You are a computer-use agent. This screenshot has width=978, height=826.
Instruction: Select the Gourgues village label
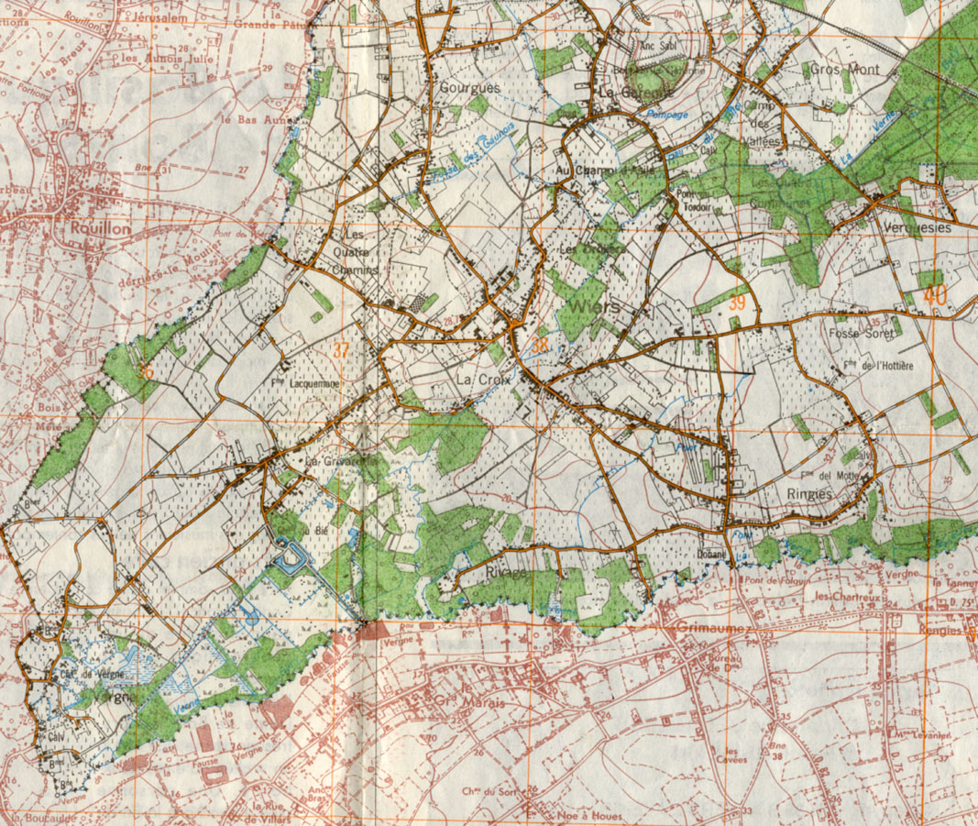click(470, 88)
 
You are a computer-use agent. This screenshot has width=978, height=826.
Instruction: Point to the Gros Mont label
click(844, 70)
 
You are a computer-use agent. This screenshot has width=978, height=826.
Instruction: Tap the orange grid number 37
click(341, 349)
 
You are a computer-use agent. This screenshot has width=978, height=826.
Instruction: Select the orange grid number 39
click(738, 303)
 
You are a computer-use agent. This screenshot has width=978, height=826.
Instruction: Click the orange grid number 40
click(934, 295)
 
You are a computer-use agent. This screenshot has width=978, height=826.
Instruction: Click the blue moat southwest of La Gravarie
click(291, 556)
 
